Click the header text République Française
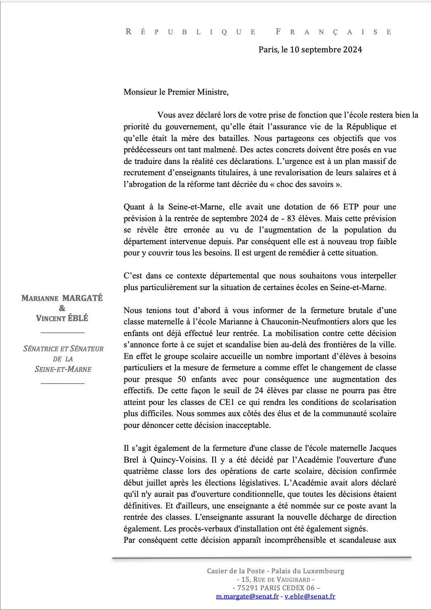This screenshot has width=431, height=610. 259,32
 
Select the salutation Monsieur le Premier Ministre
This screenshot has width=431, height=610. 176,92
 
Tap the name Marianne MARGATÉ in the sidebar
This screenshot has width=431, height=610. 62,298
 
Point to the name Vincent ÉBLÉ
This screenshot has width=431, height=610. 62,318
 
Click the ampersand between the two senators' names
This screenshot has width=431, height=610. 62,308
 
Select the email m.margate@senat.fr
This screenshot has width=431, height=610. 247,596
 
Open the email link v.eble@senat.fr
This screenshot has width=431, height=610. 310,596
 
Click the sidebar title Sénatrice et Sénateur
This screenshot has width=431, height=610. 63,349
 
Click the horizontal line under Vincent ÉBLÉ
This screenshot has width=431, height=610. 62,333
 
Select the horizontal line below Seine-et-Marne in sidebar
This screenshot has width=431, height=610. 62,383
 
